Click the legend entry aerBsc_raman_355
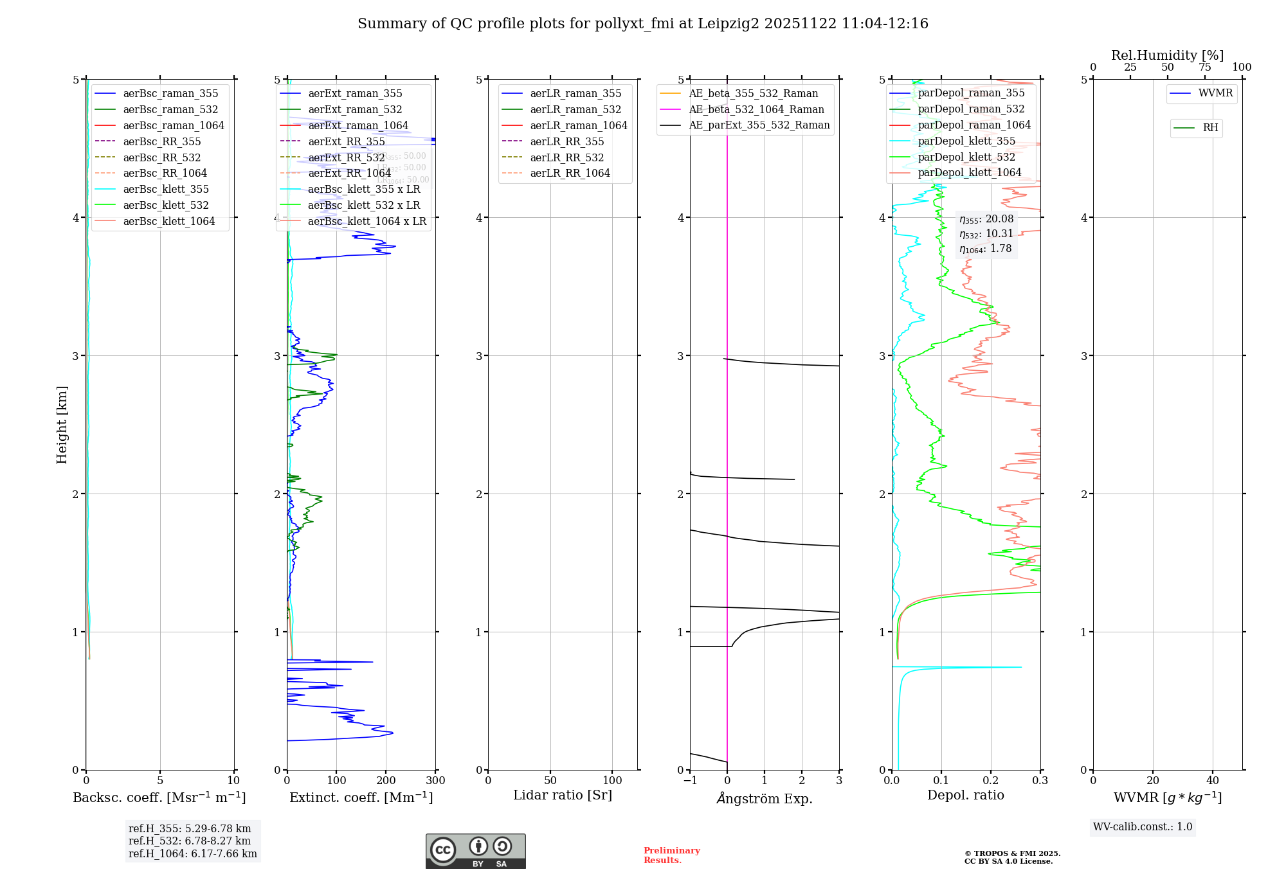(x=170, y=94)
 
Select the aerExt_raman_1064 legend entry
(x=358, y=126)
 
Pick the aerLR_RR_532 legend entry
(x=566, y=157)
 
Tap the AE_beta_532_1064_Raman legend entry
(x=756, y=110)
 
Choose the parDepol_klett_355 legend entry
(x=966, y=141)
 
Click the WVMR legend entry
(x=1215, y=93)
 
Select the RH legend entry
(x=1210, y=128)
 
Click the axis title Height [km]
(x=62, y=424)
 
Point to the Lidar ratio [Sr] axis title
(x=563, y=796)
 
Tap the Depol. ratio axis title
(x=965, y=796)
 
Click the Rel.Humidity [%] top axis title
(x=1167, y=55)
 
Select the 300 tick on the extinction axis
(x=436, y=781)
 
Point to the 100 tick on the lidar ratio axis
(x=612, y=781)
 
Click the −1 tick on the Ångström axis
(x=690, y=781)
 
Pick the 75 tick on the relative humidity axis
(x=1204, y=67)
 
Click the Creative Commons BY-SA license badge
(x=475, y=852)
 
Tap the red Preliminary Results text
(x=671, y=855)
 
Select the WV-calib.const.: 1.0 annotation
(x=1143, y=827)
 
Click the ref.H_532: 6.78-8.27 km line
(x=190, y=841)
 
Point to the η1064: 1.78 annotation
(x=985, y=249)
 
